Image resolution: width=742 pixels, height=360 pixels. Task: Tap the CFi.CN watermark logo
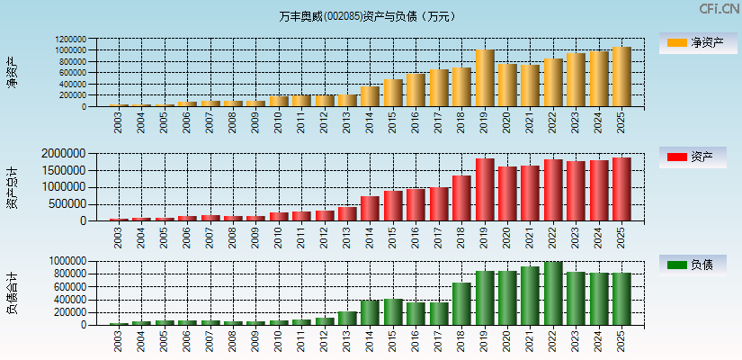719,9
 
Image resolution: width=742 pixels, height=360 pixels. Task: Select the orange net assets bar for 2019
485,78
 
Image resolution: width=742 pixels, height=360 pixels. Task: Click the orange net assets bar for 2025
621,76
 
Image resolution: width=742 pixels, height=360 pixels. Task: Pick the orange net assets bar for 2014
371,96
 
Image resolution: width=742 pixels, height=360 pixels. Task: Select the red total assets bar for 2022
553,190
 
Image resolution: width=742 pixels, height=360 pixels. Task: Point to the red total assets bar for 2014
371,208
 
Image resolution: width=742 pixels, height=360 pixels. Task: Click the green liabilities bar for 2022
553,293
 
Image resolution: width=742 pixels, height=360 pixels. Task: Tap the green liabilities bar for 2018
461,303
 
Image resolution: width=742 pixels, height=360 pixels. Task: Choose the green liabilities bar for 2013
347,318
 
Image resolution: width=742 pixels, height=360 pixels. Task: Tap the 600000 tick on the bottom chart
70,287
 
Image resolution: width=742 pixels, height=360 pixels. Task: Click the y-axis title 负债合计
13,292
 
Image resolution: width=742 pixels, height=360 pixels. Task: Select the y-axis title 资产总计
13,188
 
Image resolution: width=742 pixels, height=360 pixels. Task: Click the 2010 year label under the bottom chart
279,340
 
